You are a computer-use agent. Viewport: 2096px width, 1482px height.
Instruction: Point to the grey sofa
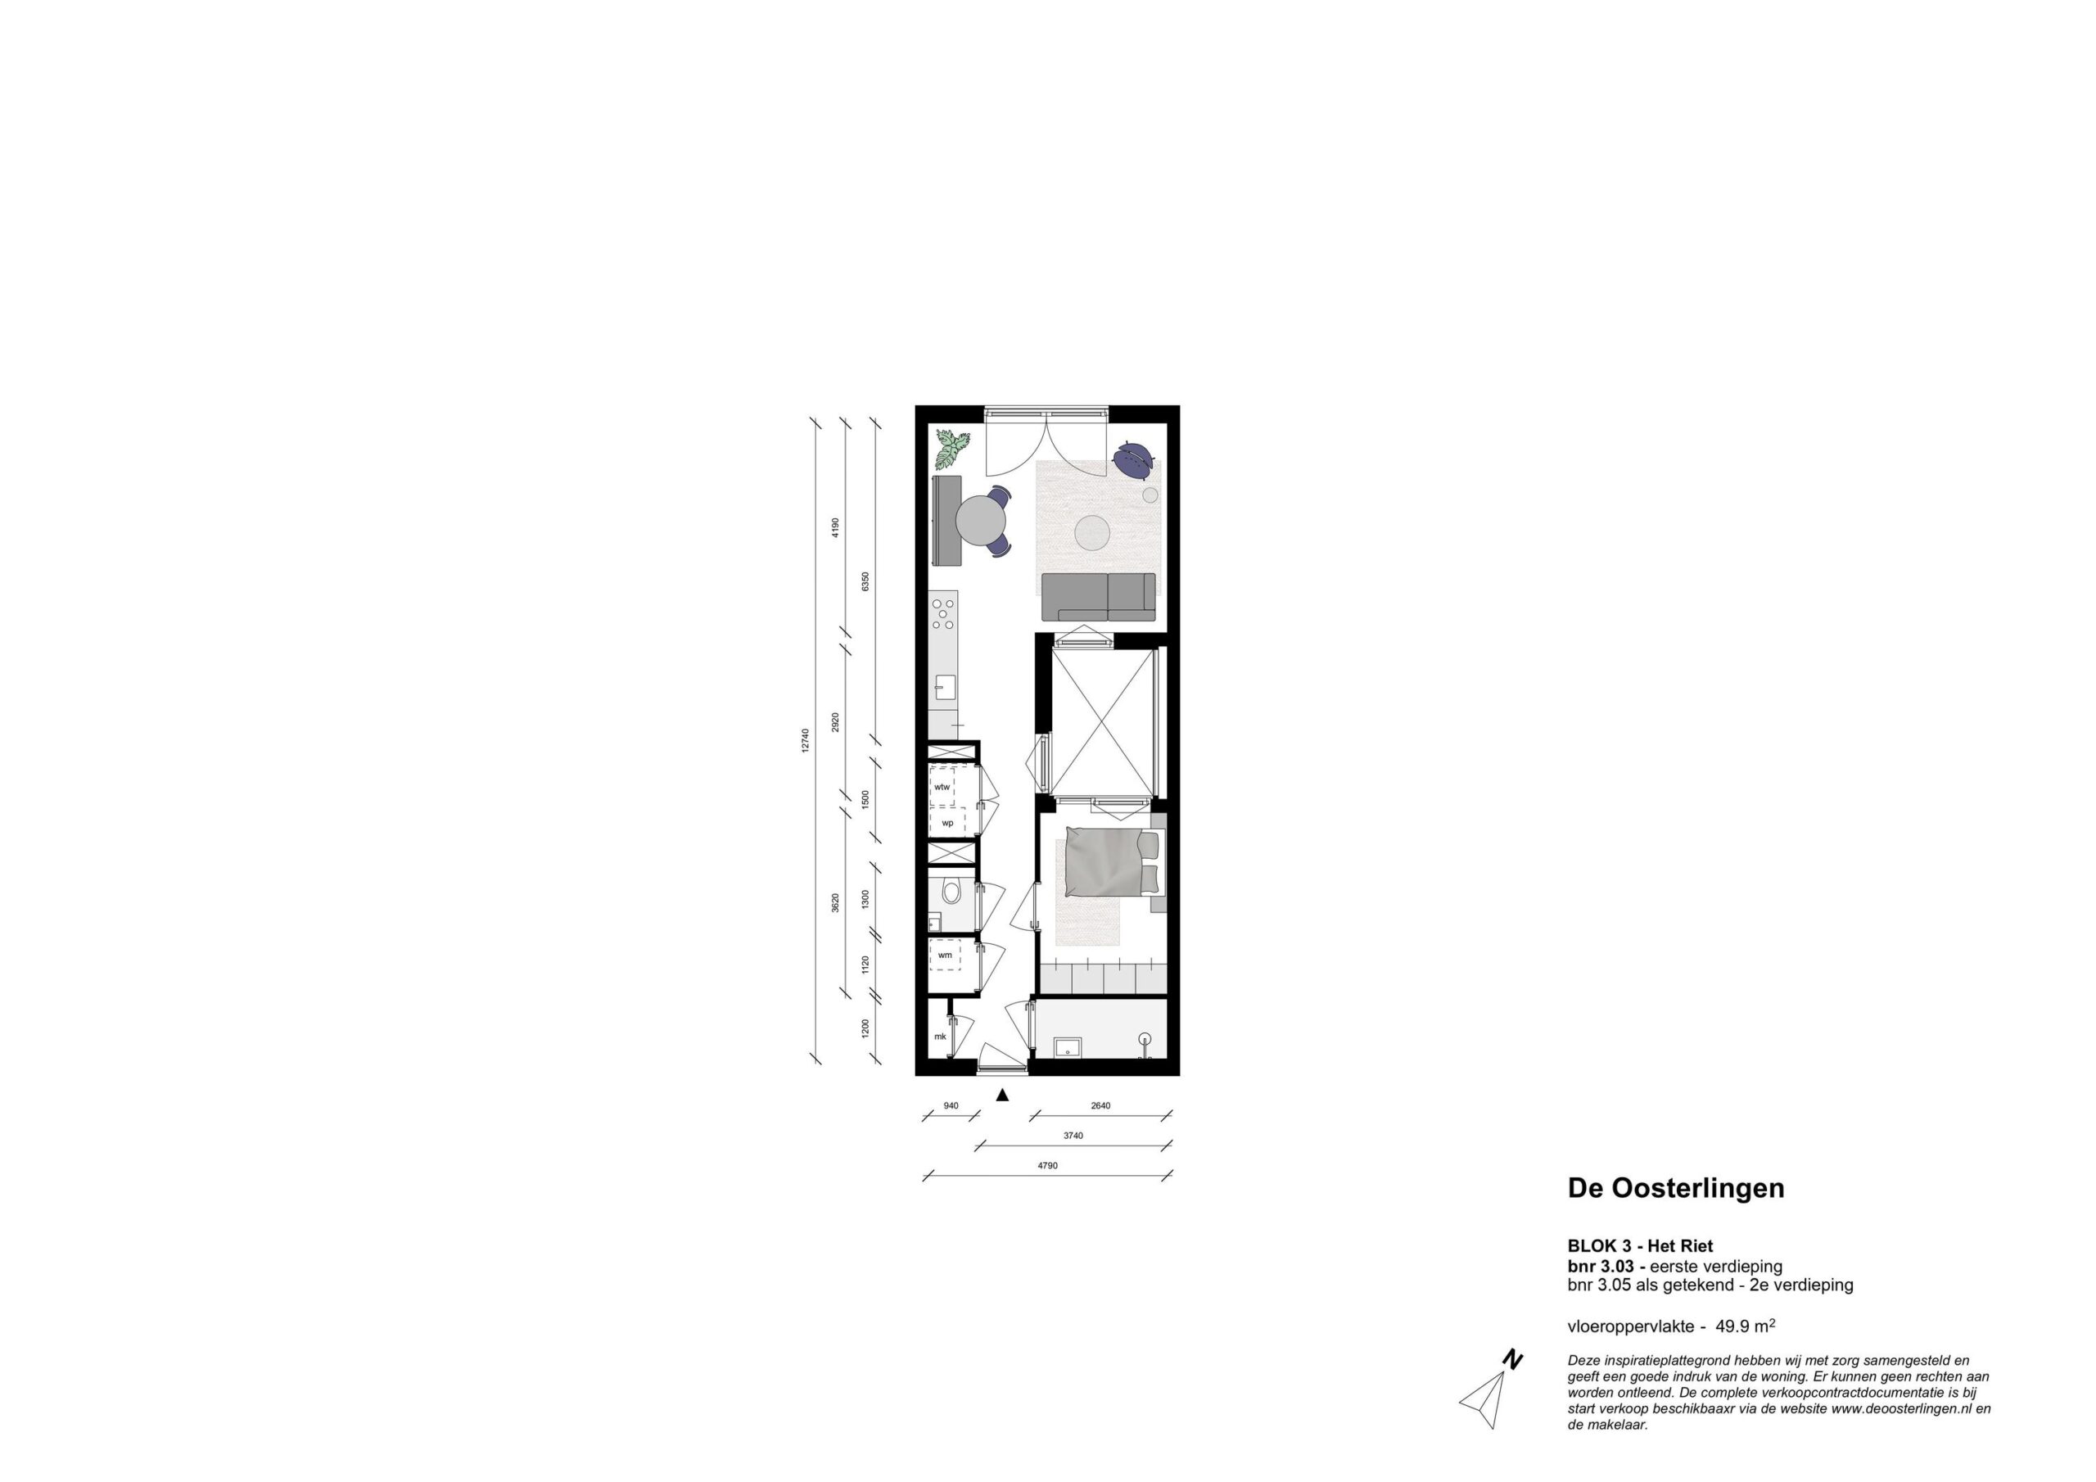pyautogui.click(x=1098, y=597)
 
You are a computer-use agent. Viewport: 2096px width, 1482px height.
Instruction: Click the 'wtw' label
pyautogui.click(x=942, y=786)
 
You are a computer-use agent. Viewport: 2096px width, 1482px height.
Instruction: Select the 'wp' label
pyautogui.click(x=947, y=823)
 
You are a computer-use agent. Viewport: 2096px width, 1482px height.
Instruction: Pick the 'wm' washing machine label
pyautogui.click(x=945, y=956)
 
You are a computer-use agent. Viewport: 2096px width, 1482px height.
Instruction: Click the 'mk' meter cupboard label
pyautogui.click(x=939, y=1037)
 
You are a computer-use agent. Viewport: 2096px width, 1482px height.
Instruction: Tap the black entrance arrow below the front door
pyautogui.click(x=1002, y=1095)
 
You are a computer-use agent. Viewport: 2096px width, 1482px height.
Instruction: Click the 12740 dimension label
pyautogui.click(x=804, y=740)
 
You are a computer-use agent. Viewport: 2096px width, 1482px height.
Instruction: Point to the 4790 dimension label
pyautogui.click(x=1047, y=1166)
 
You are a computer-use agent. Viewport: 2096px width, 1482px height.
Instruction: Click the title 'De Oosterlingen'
pyautogui.click(x=1676, y=1188)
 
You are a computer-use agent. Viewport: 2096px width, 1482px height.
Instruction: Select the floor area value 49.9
pyautogui.click(x=1733, y=1326)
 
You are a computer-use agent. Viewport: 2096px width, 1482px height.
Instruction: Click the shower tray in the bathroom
pyautogui.click(x=1067, y=1047)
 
